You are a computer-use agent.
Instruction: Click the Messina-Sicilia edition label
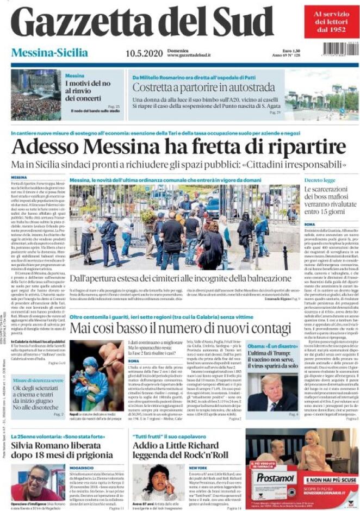[x=49, y=53]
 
